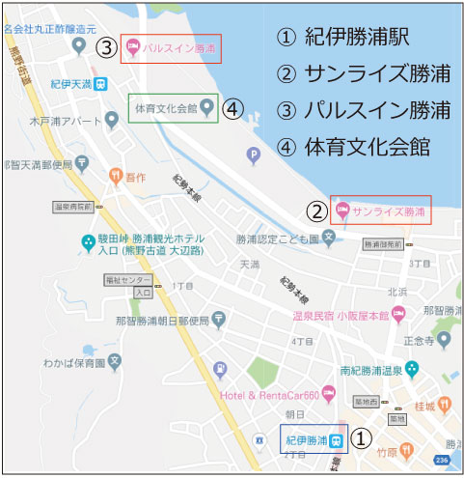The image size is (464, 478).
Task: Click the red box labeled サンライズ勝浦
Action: (x=379, y=211)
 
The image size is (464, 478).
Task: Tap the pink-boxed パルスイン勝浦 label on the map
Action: (x=171, y=48)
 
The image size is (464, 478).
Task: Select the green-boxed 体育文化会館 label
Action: (x=175, y=107)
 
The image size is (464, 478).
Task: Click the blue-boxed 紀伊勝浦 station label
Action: (x=314, y=439)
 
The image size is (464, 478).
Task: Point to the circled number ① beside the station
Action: (x=360, y=439)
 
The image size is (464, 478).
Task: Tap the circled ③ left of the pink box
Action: (x=106, y=47)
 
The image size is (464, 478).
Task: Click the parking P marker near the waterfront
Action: (x=255, y=154)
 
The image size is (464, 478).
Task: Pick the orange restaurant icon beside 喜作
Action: (x=116, y=177)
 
